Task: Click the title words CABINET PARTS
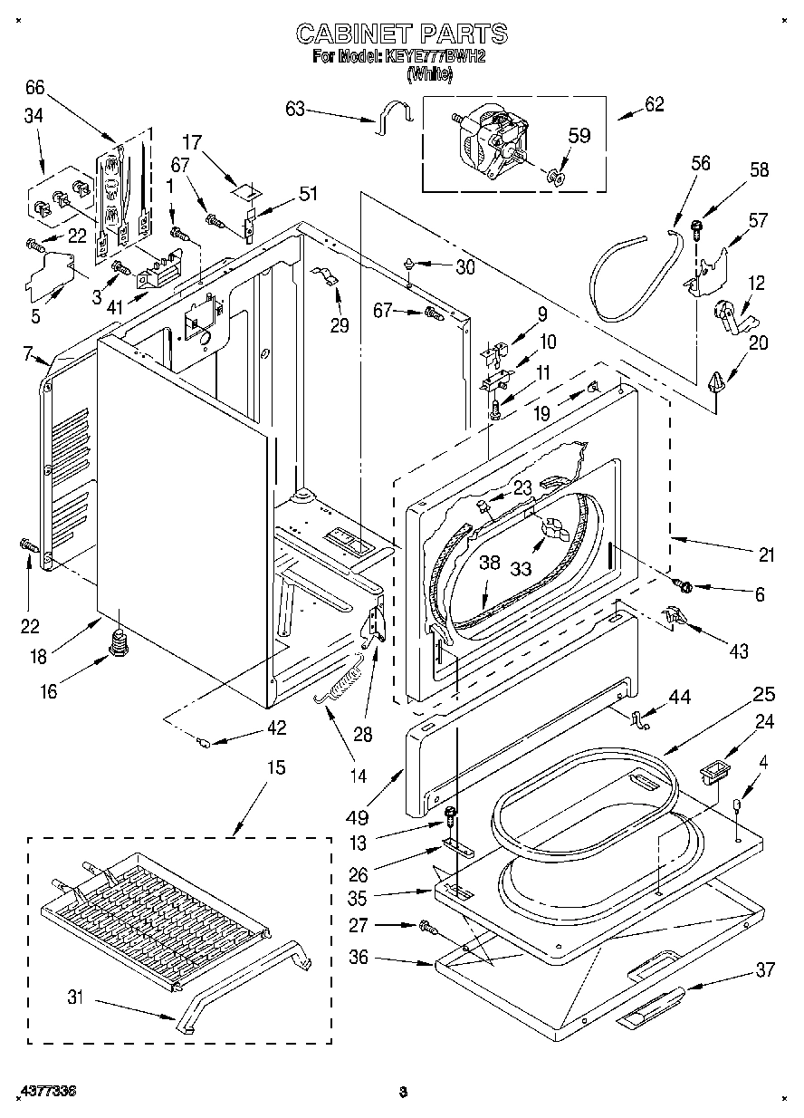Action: [x=402, y=34]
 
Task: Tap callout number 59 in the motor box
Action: [x=579, y=135]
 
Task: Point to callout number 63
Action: [x=295, y=110]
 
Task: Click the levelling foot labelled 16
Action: [x=118, y=644]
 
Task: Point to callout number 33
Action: [x=522, y=570]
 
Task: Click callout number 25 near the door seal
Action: [x=764, y=694]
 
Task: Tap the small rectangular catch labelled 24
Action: [x=714, y=775]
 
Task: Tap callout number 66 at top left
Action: [x=34, y=87]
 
